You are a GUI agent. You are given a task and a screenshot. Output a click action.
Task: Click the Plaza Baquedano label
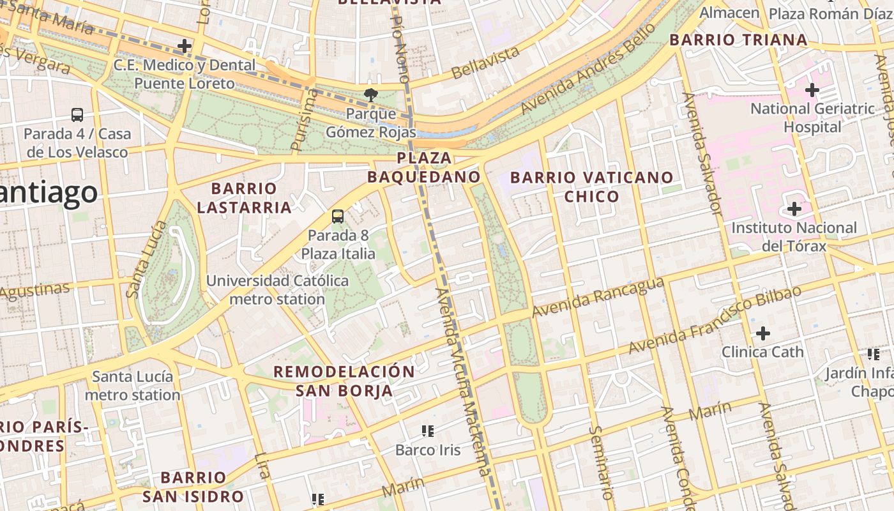(424, 167)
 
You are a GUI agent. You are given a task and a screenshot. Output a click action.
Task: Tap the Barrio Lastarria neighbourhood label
(245, 198)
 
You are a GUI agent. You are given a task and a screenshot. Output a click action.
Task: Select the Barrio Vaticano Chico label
(592, 187)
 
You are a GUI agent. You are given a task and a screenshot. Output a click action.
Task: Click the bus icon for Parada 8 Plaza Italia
(338, 217)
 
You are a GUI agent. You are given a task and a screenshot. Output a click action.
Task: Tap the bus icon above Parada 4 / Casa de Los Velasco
(77, 115)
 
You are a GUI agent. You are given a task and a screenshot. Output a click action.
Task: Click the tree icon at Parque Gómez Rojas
(370, 95)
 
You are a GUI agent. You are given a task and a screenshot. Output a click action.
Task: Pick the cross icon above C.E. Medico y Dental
(185, 46)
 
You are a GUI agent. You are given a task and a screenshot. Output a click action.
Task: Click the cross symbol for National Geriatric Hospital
(812, 90)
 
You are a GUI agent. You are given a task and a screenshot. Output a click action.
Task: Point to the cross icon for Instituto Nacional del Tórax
(794, 209)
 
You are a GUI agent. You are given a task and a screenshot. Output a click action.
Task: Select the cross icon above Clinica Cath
(762, 333)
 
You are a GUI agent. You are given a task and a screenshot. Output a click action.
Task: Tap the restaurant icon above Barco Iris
(428, 431)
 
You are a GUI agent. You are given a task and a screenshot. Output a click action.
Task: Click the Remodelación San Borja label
(344, 381)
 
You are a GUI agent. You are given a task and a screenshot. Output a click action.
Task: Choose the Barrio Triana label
(738, 40)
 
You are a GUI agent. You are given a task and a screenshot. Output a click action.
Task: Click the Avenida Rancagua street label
(598, 298)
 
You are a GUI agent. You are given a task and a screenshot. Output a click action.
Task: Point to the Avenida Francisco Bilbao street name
(715, 319)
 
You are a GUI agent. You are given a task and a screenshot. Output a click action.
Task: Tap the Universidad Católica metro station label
(277, 289)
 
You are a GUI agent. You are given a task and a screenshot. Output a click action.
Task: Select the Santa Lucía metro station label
(133, 385)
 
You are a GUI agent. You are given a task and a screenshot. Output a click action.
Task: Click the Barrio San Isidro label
(193, 487)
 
